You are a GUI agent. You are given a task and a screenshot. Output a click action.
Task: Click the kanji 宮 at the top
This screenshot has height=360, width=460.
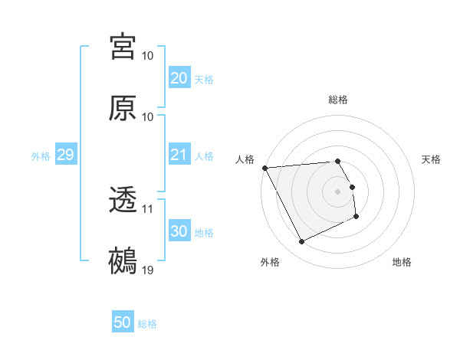(123, 47)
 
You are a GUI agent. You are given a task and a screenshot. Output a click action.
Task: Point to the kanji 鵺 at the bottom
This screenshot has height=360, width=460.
(123, 261)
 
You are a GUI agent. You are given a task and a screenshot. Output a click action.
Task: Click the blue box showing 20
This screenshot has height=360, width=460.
(179, 78)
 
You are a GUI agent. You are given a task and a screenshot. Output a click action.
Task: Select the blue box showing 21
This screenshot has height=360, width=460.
(179, 155)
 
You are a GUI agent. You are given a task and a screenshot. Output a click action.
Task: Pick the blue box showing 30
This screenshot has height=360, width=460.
(179, 231)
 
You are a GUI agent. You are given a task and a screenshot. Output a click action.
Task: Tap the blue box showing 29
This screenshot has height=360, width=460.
(65, 155)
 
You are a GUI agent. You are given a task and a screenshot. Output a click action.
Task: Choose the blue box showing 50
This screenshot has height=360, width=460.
(123, 322)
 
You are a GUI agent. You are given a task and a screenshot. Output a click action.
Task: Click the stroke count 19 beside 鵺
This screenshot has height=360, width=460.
(148, 270)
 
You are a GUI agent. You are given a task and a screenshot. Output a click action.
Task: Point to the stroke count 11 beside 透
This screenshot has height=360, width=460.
(148, 208)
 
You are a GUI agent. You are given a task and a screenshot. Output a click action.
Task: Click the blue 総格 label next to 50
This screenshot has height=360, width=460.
(147, 324)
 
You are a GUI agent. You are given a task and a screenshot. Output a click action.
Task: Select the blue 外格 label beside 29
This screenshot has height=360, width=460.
(41, 155)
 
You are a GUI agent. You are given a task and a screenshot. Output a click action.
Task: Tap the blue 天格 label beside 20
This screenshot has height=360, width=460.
(204, 79)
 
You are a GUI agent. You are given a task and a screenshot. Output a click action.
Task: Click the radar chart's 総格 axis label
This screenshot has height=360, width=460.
(338, 100)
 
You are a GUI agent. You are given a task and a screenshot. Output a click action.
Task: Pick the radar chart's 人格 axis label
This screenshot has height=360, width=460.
(245, 159)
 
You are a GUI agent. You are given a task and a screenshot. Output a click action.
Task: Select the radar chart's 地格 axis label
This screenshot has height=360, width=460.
(402, 262)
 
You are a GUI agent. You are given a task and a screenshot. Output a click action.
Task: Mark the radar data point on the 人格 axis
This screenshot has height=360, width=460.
(264, 168)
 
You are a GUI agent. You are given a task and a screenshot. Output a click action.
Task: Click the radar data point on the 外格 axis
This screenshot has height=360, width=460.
(301, 242)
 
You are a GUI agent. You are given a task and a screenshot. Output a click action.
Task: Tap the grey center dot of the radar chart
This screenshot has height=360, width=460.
(338, 191)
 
